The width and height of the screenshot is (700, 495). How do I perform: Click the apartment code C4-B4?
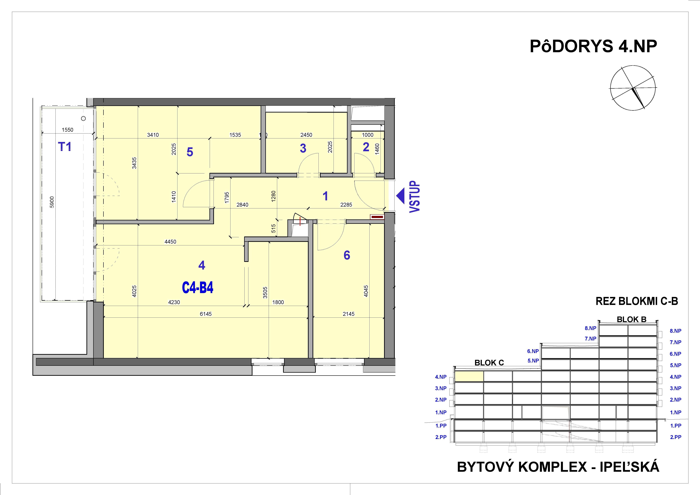(198, 288)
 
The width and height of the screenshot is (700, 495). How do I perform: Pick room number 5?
(190, 152)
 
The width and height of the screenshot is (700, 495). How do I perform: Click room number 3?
(303, 148)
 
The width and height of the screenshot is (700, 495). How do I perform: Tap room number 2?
(366, 147)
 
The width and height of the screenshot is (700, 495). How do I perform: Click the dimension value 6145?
(206, 314)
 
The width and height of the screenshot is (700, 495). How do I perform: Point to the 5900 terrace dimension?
(52, 202)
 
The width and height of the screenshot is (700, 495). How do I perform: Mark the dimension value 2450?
(306, 135)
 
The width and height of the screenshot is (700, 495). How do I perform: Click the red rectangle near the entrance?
(377, 217)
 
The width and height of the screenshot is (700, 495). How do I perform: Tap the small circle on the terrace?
(83, 118)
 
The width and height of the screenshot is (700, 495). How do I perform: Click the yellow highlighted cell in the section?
(469, 376)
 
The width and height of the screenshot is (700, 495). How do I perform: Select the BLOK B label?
(631, 319)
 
